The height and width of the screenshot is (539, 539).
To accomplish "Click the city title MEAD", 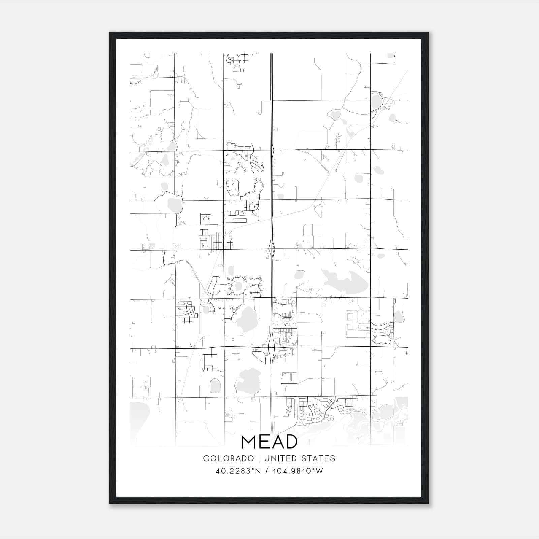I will (x=269, y=442).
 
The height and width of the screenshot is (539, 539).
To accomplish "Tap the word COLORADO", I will (x=228, y=458).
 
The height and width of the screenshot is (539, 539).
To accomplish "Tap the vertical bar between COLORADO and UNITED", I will (x=259, y=458).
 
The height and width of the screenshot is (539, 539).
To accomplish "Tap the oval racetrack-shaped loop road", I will (x=214, y=285).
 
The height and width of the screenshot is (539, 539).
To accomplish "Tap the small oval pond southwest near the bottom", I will (x=215, y=386).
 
